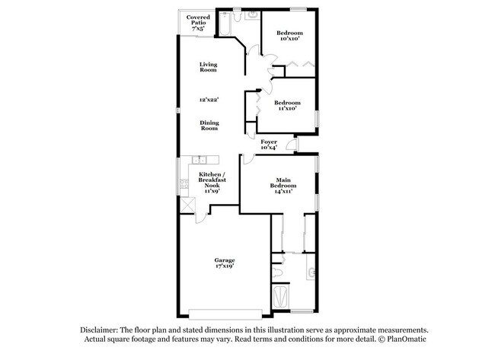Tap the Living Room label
209,67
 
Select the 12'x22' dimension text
209,100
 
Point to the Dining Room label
209,126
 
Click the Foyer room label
269,142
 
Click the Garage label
224,260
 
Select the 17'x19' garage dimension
224,267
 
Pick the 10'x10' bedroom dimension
289,39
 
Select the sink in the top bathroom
252,15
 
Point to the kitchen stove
184,183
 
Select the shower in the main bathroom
279,295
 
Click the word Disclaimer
101,330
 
